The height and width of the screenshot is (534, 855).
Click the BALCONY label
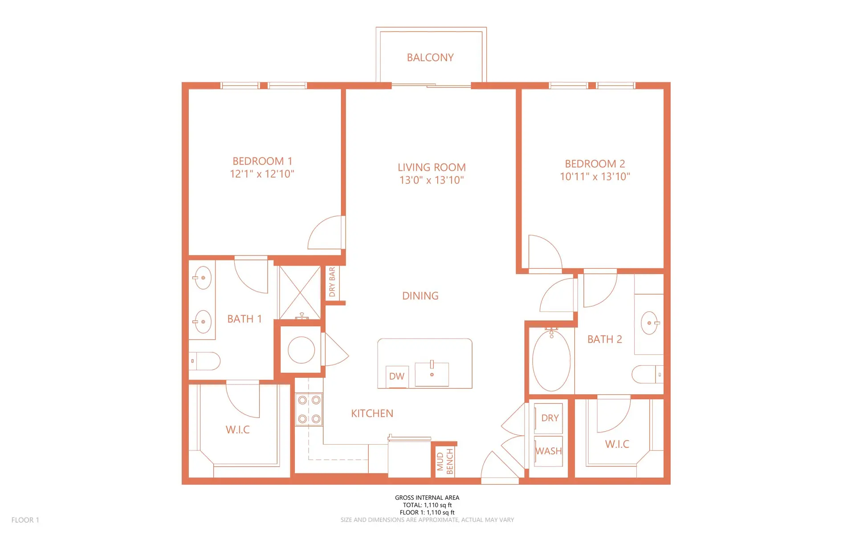click(430, 57)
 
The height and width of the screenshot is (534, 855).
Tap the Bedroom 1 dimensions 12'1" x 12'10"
click(262, 174)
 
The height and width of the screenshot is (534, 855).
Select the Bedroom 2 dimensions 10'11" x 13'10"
click(594, 177)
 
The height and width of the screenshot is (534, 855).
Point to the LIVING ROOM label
click(432, 167)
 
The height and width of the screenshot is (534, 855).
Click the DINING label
click(420, 296)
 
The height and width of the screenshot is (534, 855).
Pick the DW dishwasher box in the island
click(397, 376)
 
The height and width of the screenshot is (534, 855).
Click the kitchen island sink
click(432, 374)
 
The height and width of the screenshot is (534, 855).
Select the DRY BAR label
click(332, 282)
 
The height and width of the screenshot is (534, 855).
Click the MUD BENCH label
click(445, 461)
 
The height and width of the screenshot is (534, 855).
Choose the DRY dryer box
click(549, 418)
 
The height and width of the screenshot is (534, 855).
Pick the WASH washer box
click(549, 451)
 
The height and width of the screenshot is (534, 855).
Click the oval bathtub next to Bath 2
click(551, 360)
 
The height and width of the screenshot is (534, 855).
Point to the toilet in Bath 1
click(205, 361)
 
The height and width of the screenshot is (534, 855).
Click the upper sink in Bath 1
click(203, 278)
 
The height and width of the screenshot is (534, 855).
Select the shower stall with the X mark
click(300, 292)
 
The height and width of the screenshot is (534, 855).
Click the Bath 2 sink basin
click(649, 323)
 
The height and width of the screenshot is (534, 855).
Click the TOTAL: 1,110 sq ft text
click(427, 505)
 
